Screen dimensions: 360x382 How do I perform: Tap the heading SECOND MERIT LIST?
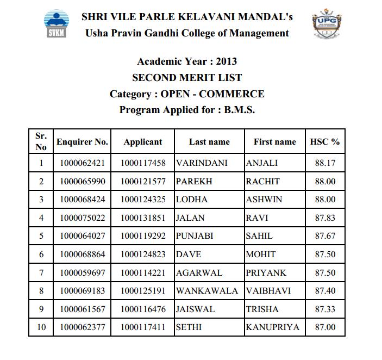pos(187,77)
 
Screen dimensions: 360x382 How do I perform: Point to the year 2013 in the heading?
pos(227,61)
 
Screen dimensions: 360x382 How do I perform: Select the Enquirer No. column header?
pos(83,142)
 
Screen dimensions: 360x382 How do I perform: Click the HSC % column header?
pos(325,142)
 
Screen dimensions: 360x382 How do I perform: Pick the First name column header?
pos(275,142)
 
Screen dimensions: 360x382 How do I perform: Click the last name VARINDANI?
pos(202,163)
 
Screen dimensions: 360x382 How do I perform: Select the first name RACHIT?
pos(263,181)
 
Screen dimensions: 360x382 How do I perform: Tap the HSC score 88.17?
pos(325,163)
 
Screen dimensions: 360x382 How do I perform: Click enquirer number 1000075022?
pos(83,218)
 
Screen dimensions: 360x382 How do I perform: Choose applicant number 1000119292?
pos(143,236)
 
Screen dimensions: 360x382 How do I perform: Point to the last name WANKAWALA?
pos(207,291)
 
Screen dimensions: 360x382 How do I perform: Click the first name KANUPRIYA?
pos(272,327)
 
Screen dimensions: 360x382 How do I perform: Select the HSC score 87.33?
pos(325,309)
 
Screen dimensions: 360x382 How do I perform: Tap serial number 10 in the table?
pos(41,327)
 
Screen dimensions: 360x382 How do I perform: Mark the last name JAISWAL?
pos(195,309)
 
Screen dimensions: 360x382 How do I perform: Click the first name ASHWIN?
pos(264,199)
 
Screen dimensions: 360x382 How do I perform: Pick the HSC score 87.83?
pos(325,218)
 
